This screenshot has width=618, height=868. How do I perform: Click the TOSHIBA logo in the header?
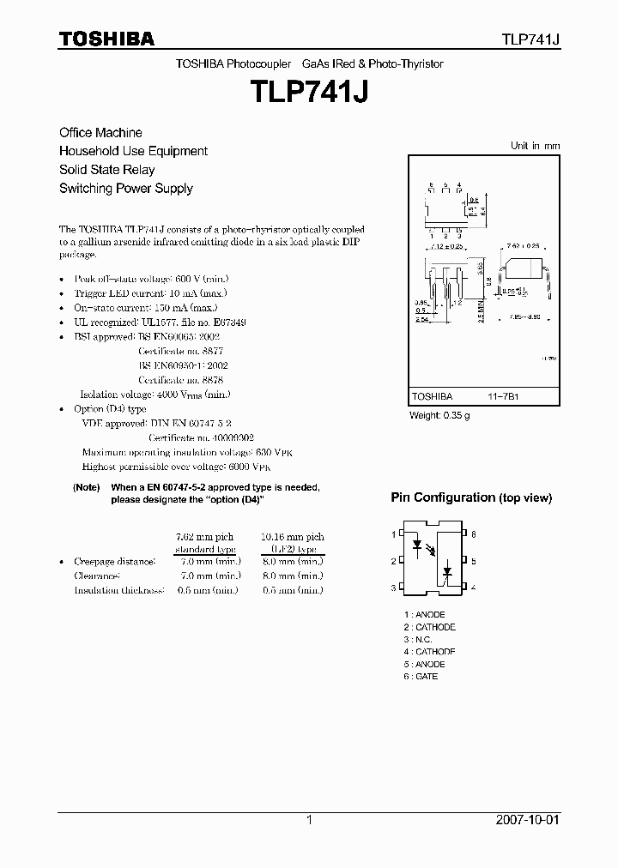pos(106,39)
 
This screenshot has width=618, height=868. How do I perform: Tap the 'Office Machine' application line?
pos(100,133)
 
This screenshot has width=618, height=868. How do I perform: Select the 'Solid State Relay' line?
pos(106,170)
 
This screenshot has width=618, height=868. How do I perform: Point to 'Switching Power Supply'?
pos(125,189)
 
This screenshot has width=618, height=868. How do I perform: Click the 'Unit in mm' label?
pos(535,146)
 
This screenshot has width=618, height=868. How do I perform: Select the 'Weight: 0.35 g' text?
pos(439,416)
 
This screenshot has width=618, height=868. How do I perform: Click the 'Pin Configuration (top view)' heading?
pos(471,498)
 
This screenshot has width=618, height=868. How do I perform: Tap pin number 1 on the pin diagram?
pos(394,534)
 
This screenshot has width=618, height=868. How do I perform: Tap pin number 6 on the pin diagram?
pos(473,534)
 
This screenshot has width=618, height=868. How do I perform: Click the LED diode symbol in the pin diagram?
pos(418,544)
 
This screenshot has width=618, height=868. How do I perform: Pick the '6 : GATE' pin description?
pos(421,677)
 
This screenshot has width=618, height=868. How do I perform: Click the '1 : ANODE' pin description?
pos(424,615)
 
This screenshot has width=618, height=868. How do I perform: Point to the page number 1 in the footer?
pos(309,820)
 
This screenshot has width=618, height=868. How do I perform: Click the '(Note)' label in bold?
pos(87,487)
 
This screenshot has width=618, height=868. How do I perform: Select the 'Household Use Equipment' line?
pos(133,151)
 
